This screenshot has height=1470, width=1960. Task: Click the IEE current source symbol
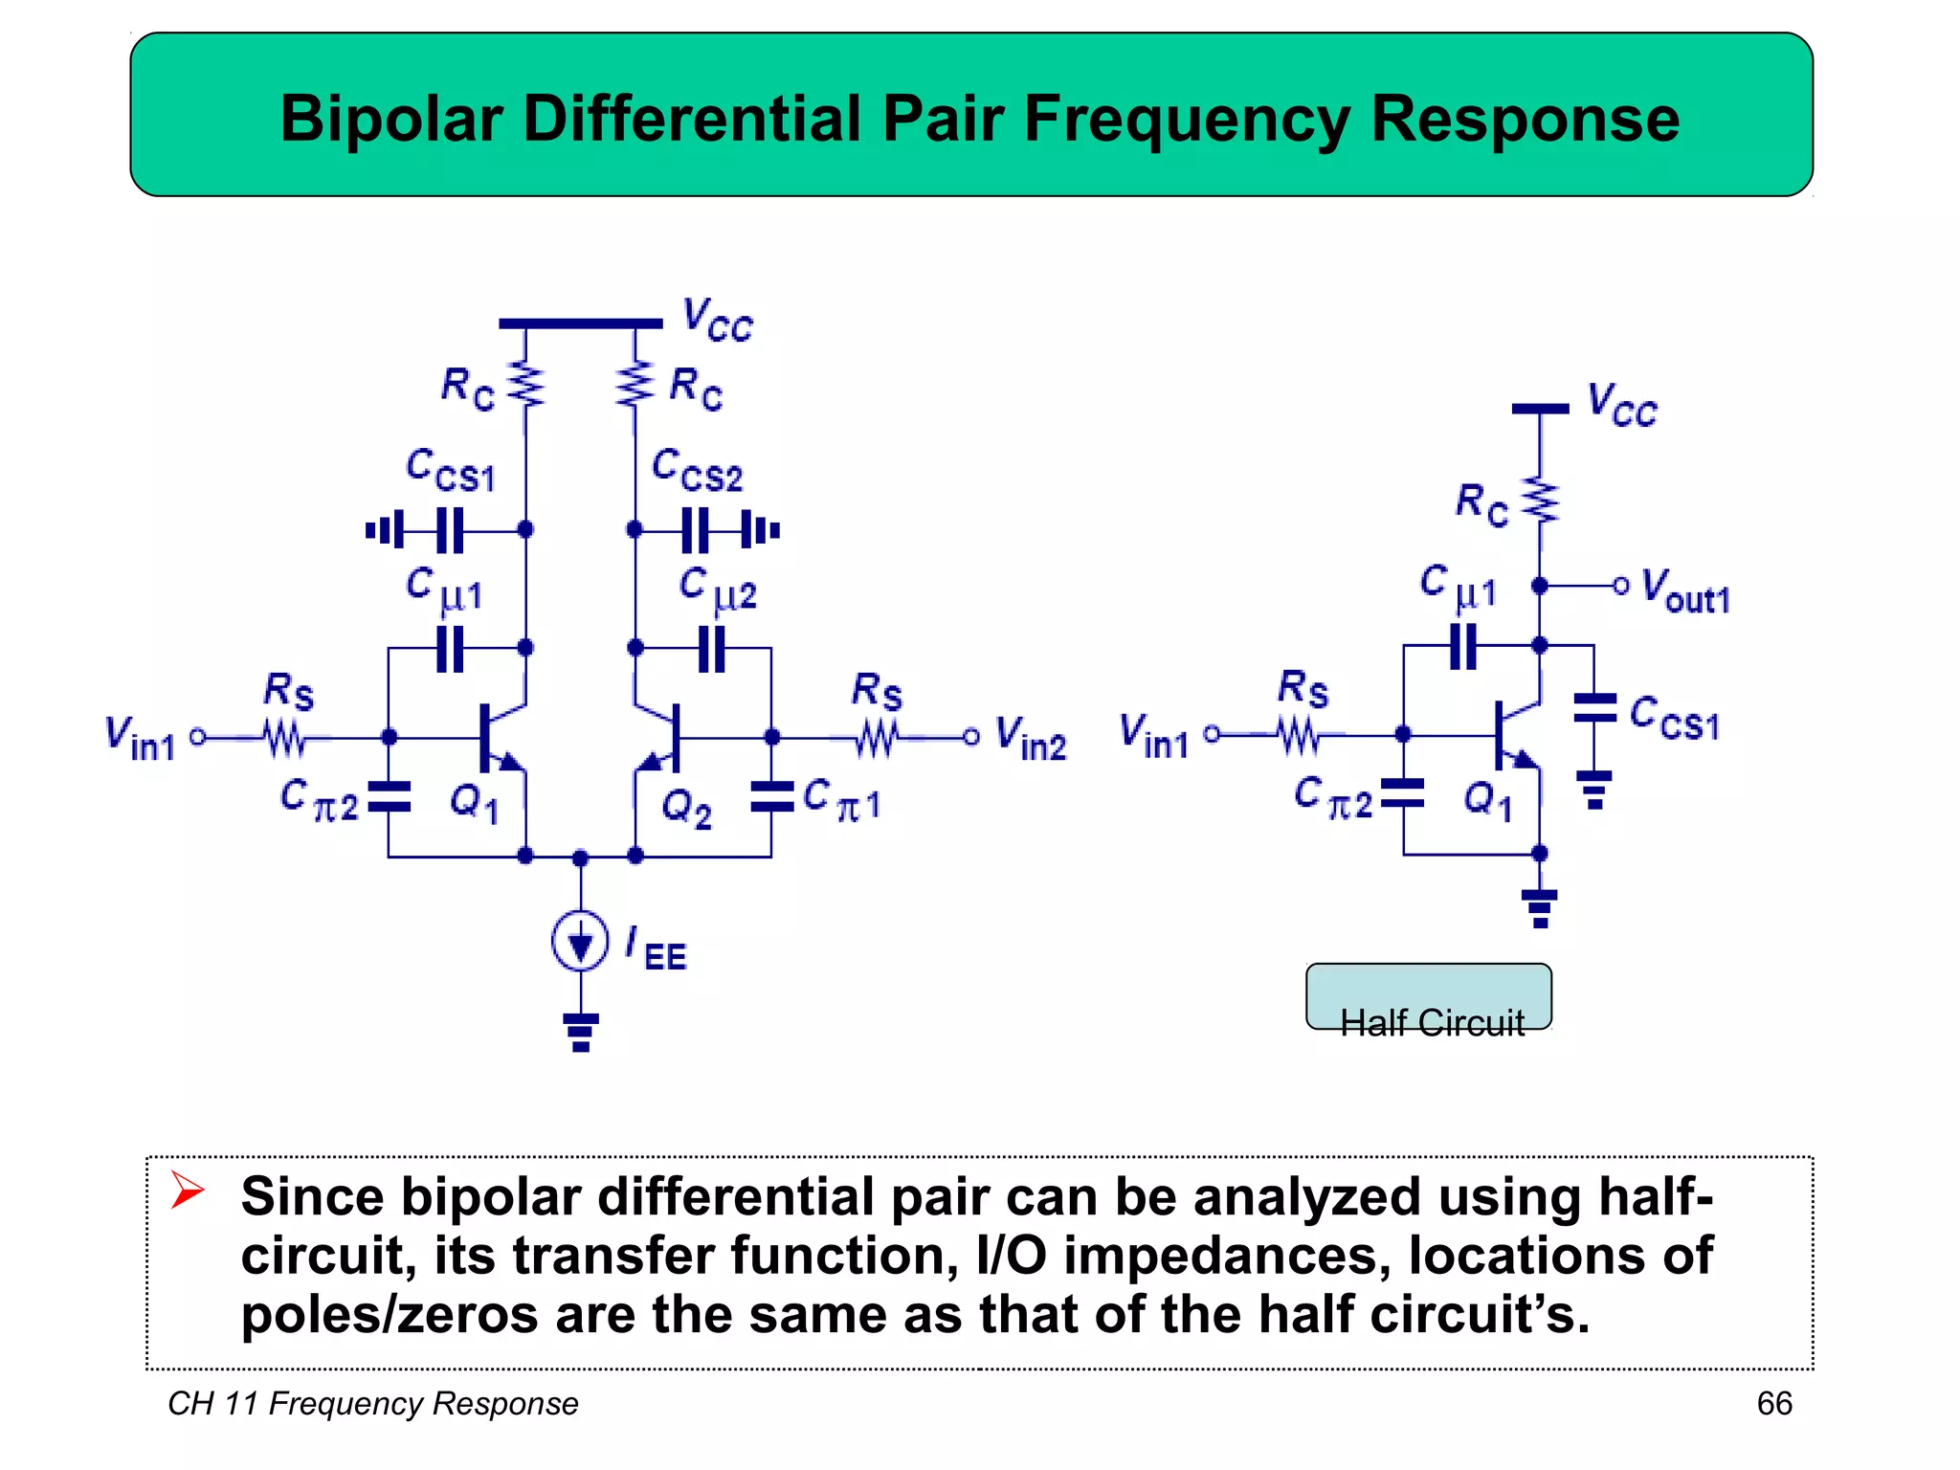[x=580, y=942]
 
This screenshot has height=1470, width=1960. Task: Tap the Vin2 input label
[x=1030, y=739]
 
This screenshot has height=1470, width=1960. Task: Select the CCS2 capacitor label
[x=697, y=470]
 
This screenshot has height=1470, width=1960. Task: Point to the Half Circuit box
[x=1429, y=997]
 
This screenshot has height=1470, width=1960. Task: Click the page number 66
[x=1773, y=1403]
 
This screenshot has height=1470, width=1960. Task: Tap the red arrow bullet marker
[x=188, y=1191]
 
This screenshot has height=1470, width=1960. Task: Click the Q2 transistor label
[x=687, y=809]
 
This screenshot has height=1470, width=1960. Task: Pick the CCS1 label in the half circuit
[x=1675, y=718]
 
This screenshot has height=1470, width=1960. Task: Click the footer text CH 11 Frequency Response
[x=373, y=1403]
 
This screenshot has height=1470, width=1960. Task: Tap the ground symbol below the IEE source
[x=581, y=1033]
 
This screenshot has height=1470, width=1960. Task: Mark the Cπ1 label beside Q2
[x=841, y=800]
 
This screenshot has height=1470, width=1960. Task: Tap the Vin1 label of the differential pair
[x=141, y=739]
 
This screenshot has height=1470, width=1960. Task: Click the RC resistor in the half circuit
[x=1540, y=501]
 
